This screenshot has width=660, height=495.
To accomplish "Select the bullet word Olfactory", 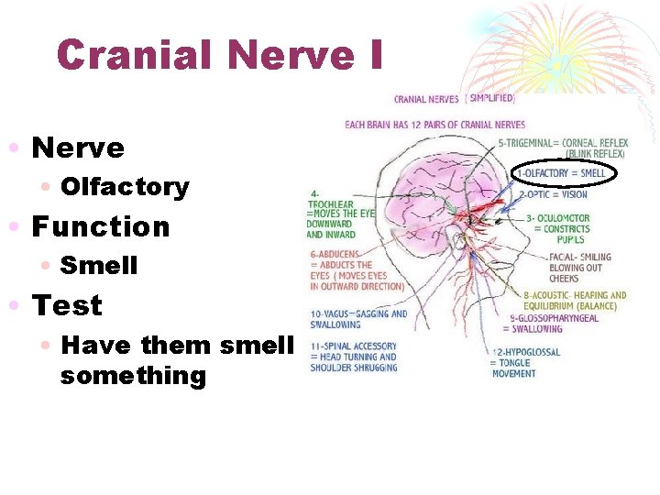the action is tap(125, 187).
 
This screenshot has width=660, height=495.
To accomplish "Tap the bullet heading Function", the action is tap(101, 226).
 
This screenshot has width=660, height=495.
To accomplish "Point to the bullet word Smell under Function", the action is tap(99, 266).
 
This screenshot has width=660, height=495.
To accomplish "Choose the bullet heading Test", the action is tap(67, 305).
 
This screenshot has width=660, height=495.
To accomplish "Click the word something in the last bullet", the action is tap(133, 376).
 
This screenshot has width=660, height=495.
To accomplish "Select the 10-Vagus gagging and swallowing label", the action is tap(357, 318).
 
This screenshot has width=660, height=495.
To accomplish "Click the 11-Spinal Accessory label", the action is tap(354, 357).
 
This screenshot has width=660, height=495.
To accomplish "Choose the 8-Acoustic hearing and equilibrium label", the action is tap(575, 301).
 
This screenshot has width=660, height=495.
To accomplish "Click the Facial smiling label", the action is tap(579, 267).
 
